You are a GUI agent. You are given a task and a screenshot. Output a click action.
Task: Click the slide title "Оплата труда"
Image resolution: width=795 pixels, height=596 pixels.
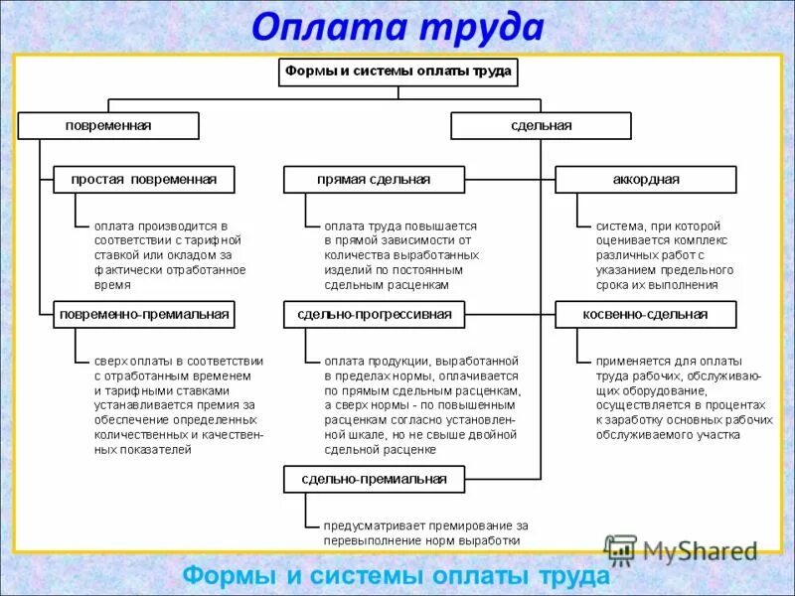click(397, 28)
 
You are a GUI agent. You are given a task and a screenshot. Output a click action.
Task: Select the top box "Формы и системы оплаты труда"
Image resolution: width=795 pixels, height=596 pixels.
click(397, 72)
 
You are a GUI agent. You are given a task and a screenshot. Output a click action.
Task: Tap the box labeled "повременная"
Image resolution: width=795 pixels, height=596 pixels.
click(108, 126)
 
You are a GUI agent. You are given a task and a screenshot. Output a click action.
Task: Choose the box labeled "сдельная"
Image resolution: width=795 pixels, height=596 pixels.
click(541, 126)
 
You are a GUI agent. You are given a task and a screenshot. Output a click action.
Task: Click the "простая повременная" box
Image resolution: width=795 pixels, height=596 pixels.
click(143, 180)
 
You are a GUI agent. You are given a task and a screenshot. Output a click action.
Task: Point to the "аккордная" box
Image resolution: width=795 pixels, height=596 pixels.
click(646, 180)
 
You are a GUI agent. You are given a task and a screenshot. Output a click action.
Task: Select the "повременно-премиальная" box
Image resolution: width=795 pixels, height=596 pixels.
click(143, 314)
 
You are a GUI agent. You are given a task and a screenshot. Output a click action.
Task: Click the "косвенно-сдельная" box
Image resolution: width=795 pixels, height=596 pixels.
click(646, 314)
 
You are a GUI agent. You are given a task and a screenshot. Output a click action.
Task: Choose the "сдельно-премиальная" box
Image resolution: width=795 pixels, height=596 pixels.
click(374, 479)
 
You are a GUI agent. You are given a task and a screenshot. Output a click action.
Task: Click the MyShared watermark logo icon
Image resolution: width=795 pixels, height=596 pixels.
click(621, 549)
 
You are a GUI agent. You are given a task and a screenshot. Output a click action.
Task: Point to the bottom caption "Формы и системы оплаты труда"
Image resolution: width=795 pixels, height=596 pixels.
click(397, 576)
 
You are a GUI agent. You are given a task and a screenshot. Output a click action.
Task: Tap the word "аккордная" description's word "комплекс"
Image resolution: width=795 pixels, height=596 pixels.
click(704, 240)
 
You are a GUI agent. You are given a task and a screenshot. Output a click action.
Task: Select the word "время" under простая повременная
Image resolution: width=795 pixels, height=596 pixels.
click(112, 285)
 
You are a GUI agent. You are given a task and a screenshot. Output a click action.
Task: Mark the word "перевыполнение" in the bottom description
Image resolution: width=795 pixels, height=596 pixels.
click(371, 540)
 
